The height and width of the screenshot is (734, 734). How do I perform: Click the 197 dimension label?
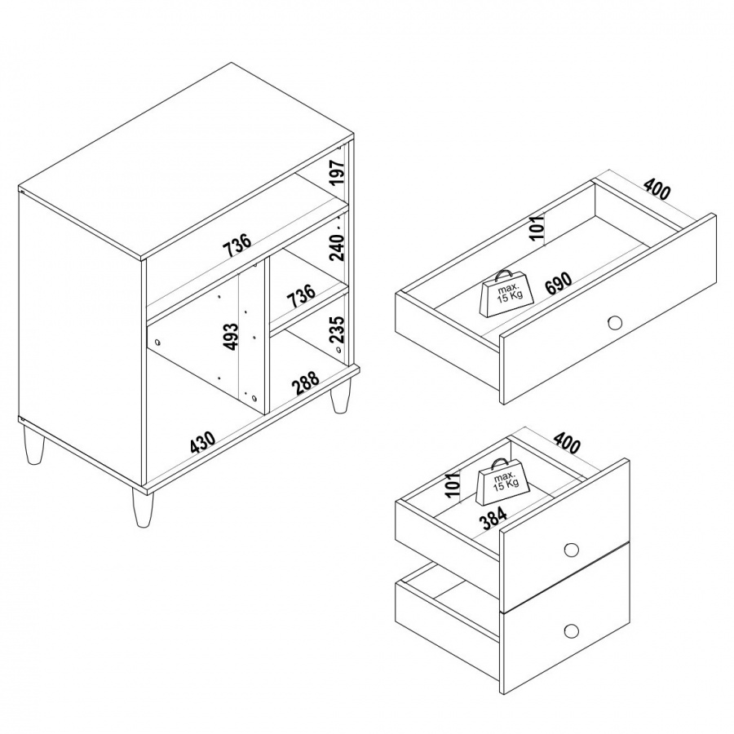(x=338, y=172)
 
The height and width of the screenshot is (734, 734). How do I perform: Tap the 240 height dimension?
(x=337, y=247)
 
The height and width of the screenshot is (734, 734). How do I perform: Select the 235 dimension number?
(x=338, y=330)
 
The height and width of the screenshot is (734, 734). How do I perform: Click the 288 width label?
(x=306, y=382)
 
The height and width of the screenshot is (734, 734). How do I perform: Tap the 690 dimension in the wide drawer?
(x=559, y=283)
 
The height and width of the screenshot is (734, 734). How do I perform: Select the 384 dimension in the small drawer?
(x=494, y=520)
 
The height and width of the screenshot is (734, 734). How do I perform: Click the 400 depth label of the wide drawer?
(x=657, y=188)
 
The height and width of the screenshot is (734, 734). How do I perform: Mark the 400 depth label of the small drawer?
(x=567, y=442)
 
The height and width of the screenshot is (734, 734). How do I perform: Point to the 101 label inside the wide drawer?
(x=539, y=227)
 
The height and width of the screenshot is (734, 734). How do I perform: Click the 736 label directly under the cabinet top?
(x=237, y=245)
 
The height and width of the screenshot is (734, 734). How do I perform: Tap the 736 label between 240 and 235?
(x=302, y=296)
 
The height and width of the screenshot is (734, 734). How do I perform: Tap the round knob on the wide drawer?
(x=615, y=322)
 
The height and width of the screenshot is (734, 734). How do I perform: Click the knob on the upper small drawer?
(x=571, y=549)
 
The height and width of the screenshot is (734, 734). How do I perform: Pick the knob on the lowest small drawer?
(x=571, y=630)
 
